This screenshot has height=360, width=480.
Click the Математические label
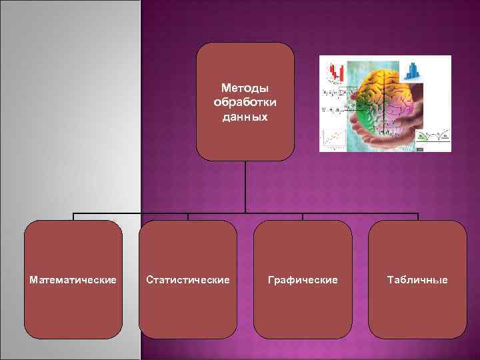pyautogui.click(x=73, y=280)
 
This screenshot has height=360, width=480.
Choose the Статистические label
pyautogui.click(x=188, y=280)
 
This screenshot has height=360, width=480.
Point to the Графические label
pyautogui.click(x=303, y=280)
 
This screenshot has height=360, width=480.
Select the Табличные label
pyautogui.click(x=418, y=280)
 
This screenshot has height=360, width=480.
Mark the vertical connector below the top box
pyautogui.click(x=246, y=187)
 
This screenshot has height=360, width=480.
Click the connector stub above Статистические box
pyautogui.click(x=188, y=217)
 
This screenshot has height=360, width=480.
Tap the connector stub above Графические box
pyautogui.click(x=303, y=217)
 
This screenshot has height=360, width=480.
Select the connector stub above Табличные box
pyautogui.click(x=418, y=217)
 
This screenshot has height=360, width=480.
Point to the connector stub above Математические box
pyautogui.click(x=73, y=217)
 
